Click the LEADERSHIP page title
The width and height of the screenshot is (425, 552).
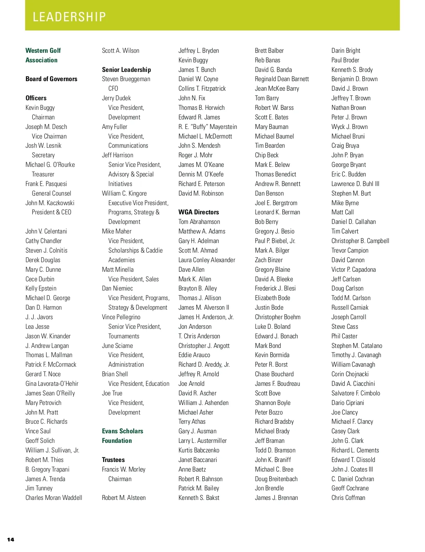[69, 17]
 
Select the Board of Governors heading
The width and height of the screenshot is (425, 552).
[51, 79]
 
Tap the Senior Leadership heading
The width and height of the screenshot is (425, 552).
[126, 70]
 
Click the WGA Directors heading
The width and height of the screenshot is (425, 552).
[199, 212]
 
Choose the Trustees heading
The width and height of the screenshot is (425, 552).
[113, 460]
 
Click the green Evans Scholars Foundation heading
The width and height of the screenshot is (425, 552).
[123, 436]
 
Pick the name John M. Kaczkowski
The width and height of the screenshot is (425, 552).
[50, 203]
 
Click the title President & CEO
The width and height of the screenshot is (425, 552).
[51, 212]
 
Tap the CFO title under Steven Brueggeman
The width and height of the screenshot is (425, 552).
[113, 89]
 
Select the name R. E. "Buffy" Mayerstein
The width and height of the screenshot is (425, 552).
[208, 127]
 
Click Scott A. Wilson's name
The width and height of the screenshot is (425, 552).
[120, 51]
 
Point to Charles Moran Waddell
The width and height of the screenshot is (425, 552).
[54, 498]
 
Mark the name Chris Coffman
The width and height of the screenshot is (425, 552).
[348, 498]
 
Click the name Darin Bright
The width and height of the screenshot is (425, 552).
[346, 51]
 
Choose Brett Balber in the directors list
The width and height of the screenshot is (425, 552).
[269, 51]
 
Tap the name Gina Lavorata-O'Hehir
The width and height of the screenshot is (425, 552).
[52, 384]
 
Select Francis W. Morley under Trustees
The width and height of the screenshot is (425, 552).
[124, 469]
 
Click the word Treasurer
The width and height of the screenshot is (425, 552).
[43, 174]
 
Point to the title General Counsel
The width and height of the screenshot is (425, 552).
[51, 193]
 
